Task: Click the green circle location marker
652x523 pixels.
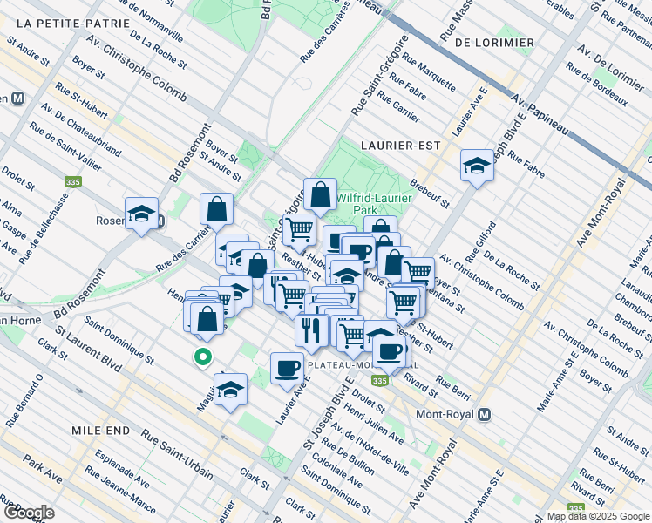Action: (202, 357)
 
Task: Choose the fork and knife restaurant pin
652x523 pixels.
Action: (311, 329)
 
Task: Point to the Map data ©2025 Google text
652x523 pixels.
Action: (598, 516)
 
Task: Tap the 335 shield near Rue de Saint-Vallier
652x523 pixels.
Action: (72, 183)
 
